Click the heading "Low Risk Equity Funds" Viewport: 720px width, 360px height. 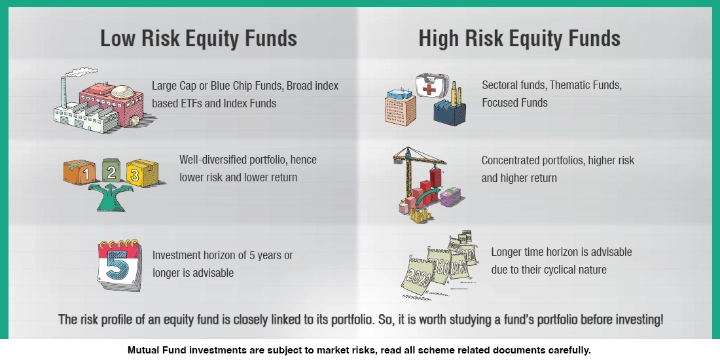[198, 38]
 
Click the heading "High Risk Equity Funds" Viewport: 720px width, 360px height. [519, 38]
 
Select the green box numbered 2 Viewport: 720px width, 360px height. [111, 171]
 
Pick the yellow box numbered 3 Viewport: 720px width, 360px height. [138, 173]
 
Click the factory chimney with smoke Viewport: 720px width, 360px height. [64, 92]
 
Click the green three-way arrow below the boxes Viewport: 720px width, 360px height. [111, 196]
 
